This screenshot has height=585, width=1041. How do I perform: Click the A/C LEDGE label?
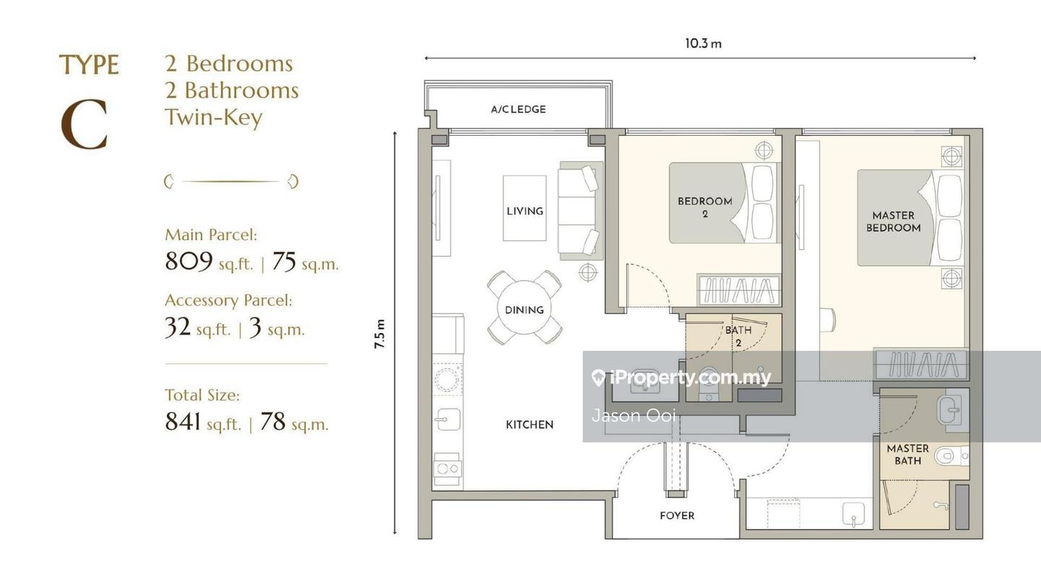click(518, 110)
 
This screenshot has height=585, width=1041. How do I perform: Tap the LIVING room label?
click(525, 211)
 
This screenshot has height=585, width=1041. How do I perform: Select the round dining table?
click(524, 308)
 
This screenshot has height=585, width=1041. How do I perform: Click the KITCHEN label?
click(529, 425)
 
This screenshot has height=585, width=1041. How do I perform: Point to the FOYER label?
click(677, 516)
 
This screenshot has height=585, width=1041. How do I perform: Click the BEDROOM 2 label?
click(705, 207)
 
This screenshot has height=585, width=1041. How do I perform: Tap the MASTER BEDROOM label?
click(894, 222)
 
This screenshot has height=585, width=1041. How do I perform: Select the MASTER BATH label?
click(908, 454)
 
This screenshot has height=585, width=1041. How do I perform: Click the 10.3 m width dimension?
click(703, 43)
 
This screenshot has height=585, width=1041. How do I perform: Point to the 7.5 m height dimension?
click(380, 334)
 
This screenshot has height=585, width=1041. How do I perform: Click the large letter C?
click(84, 124)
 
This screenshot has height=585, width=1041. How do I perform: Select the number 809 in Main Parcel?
click(189, 261)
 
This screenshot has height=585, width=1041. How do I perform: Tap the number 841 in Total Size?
click(183, 422)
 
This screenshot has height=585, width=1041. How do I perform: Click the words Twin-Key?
click(214, 117)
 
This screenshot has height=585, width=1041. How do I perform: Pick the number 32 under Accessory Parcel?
click(178, 327)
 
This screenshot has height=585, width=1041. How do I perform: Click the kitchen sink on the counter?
click(447, 419)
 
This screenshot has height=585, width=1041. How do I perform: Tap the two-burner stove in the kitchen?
click(447, 469)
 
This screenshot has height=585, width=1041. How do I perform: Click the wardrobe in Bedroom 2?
click(738, 290)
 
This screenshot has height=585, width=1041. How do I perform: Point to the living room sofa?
click(581, 211)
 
